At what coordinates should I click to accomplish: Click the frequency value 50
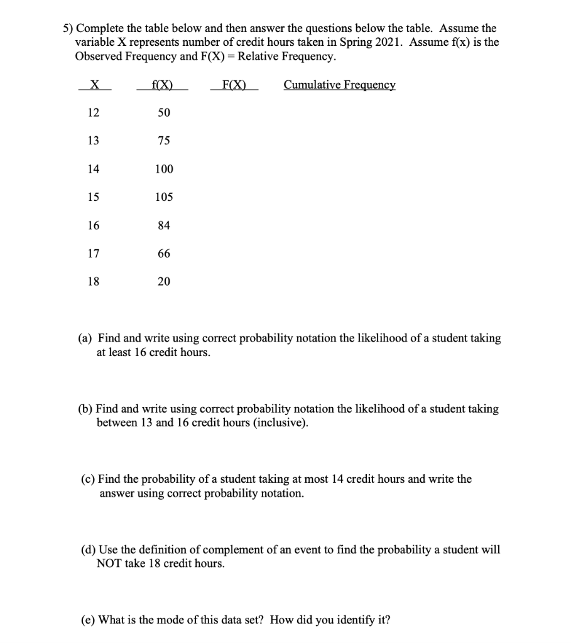point(163,112)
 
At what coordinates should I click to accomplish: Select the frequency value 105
point(163,197)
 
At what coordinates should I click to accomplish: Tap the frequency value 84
point(163,225)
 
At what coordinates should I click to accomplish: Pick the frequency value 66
point(163,254)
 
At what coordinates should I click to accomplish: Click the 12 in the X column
point(93,112)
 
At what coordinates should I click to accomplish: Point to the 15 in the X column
point(93,197)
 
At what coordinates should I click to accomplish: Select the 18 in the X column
point(93,282)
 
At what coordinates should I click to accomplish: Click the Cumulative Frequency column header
point(339,85)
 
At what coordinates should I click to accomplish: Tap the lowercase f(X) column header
point(163,85)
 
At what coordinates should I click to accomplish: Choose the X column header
point(94,85)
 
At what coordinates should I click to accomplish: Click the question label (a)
point(85,338)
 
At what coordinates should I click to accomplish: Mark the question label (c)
point(89,479)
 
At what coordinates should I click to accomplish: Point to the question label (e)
point(89,620)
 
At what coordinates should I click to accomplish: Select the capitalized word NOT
point(111,564)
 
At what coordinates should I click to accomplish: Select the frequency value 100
point(163,169)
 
